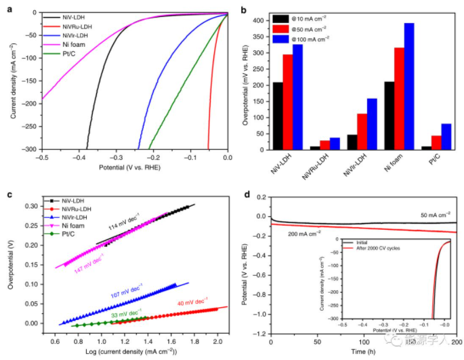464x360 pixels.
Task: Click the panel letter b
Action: (242, 6)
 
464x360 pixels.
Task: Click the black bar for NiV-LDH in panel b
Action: (278, 115)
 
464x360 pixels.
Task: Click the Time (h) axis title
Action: (364, 353)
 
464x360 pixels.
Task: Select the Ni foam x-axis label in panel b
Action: (405, 165)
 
